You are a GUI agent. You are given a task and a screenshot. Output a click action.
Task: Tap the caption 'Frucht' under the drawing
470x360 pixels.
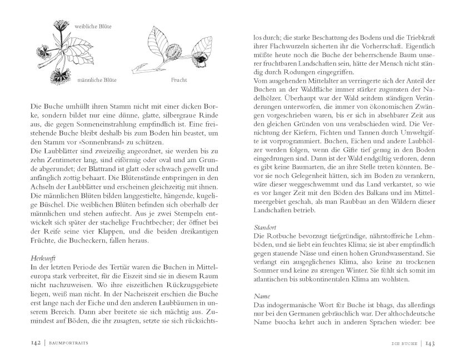[180, 79]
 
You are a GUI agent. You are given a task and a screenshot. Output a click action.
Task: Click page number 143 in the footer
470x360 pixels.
[433, 343]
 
